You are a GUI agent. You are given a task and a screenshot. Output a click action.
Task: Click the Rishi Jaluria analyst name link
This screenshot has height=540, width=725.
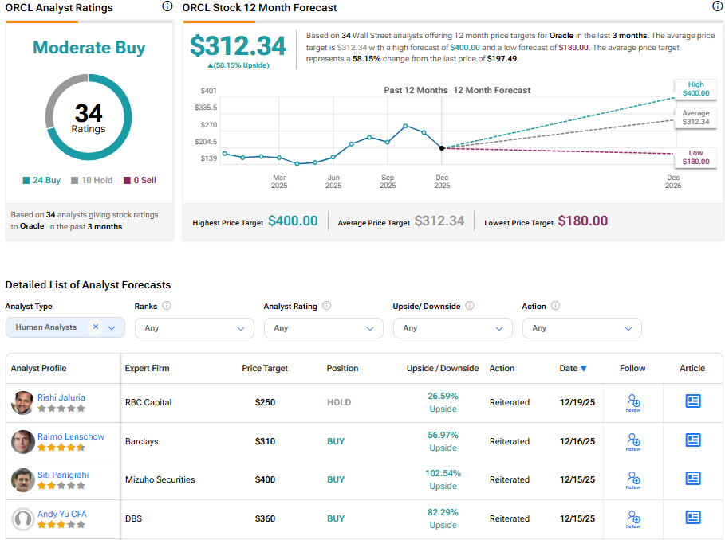[x=61, y=397]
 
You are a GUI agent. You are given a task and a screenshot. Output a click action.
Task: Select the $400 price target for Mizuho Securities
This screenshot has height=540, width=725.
[x=265, y=479]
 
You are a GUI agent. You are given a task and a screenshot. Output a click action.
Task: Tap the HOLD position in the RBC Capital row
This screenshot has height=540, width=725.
[x=338, y=402]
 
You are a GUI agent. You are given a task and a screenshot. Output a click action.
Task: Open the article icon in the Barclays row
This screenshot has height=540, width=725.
[x=692, y=440]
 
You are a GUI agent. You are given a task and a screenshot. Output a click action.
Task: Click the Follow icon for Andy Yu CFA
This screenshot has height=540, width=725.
[x=633, y=519]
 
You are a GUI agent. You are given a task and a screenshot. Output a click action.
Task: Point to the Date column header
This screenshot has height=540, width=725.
[x=573, y=368]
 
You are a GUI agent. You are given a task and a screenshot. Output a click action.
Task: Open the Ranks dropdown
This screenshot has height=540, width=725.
[x=194, y=328]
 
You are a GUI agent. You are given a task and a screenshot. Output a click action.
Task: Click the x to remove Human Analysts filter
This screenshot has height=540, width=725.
[x=96, y=327]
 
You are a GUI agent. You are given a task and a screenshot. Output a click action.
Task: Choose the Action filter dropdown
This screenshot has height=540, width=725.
[x=581, y=328]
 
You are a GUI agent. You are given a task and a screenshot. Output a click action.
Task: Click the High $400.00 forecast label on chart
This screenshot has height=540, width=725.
[x=695, y=88]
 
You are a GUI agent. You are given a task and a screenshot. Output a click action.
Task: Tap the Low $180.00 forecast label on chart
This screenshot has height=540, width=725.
[x=695, y=157]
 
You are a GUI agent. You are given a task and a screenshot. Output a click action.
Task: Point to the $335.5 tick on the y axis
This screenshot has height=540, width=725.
[x=206, y=108]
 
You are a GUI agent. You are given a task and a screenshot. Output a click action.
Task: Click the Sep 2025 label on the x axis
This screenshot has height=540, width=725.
[x=388, y=182]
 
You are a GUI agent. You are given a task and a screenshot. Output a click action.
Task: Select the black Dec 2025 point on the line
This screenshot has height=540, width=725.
[x=442, y=148]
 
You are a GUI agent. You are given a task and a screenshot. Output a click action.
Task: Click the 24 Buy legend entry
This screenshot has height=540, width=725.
[x=41, y=180]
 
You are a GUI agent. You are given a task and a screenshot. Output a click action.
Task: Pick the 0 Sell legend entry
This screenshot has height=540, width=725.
[x=140, y=180]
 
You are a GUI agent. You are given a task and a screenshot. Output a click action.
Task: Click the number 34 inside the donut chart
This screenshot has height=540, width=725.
[x=89, y=112]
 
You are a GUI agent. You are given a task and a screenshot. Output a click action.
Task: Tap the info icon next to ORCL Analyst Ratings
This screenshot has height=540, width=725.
[x=167, y=6]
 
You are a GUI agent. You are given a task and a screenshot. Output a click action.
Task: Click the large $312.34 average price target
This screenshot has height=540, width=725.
[x=238, y=45]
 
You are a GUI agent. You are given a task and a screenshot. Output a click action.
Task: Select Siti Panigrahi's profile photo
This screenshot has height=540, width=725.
[x=23, y=479]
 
